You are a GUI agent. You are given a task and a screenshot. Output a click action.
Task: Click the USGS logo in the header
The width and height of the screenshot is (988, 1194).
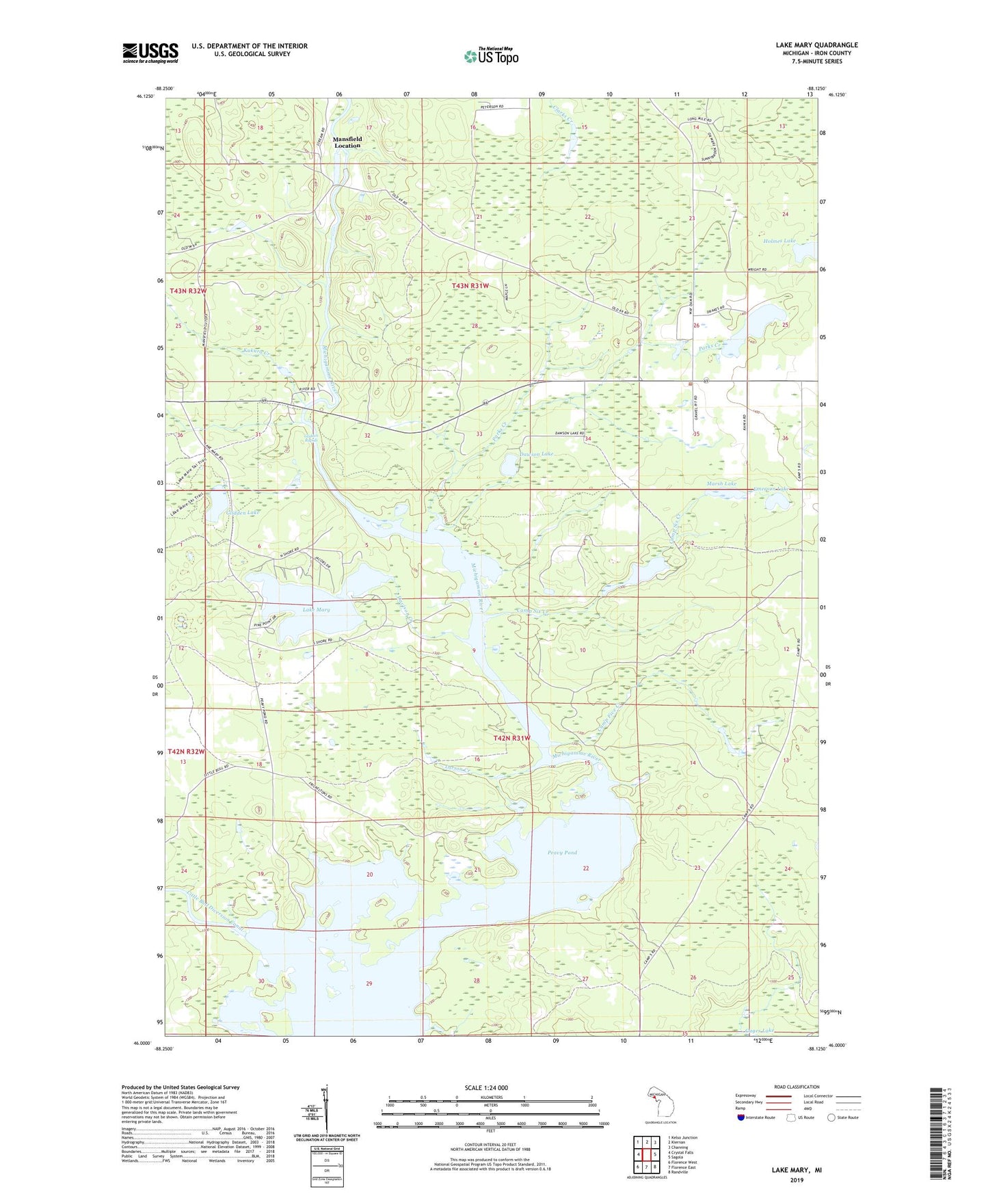coord(150,53)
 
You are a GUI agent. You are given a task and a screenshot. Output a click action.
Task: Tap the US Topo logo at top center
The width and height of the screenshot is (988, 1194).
coord(491,56)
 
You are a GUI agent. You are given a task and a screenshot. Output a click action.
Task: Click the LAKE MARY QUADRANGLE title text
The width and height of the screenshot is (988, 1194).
coord(816,45)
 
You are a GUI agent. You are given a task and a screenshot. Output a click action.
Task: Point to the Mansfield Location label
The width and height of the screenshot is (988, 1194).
coord(347,142)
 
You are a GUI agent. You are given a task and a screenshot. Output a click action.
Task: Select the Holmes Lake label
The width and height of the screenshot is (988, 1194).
coord(779,241)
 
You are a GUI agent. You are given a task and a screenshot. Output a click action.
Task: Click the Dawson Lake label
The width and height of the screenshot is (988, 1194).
coord(537,453)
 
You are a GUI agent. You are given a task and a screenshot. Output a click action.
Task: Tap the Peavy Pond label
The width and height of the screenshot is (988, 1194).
coord(562,853)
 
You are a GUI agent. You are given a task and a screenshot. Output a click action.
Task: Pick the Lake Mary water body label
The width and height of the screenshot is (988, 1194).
coord(316,609)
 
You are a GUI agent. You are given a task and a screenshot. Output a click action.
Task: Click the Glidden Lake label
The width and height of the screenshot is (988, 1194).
coord(239,512)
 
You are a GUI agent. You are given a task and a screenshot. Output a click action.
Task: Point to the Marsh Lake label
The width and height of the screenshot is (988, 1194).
coord(721,483)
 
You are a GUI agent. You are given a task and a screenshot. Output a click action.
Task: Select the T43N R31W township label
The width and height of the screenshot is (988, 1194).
coord(470,286)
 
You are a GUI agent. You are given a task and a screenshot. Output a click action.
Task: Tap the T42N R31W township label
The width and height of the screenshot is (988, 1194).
coord(512,739)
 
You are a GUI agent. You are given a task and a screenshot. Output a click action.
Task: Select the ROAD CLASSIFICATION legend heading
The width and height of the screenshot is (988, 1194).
coord(797,1087)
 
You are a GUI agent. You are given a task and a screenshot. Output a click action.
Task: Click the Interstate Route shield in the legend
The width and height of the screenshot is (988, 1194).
coord(742,1117)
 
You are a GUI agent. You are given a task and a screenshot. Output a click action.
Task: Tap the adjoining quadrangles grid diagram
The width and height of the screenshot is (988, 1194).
coord(645,1154)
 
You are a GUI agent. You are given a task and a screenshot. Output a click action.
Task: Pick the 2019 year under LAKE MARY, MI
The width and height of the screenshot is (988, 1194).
coord(797,1180)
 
